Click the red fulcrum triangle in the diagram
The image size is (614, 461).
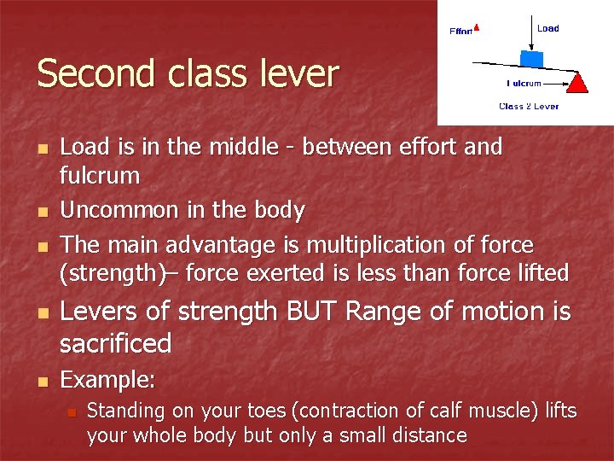(x=577, y=83)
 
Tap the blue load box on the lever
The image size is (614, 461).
(x=532, y=58)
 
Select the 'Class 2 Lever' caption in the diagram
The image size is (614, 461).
(x=529, y=107)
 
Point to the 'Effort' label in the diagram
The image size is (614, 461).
(x=460, y=32)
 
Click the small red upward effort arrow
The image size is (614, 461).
(x=477, y=26)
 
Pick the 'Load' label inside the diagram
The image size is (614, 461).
(x=548, y=28)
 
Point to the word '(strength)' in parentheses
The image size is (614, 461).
(x=113, y=273)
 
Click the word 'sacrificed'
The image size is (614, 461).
(x=116, y=343)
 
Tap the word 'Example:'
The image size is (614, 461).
(x=108, y=379)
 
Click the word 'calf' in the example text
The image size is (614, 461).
(x=436, y=411)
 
